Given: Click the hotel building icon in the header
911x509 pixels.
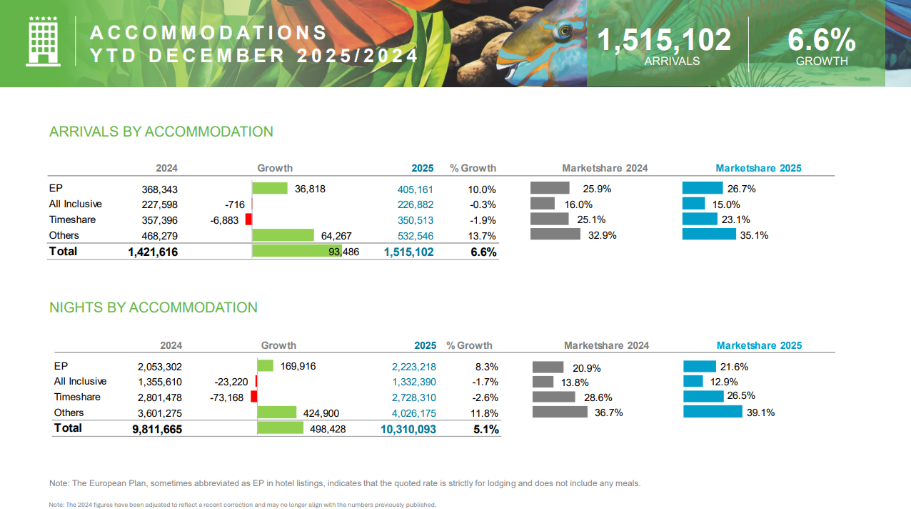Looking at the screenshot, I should click(42, 42).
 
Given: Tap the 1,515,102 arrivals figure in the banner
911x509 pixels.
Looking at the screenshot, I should click(664, 40).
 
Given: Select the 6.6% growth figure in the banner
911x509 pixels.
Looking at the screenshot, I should click(821, 40).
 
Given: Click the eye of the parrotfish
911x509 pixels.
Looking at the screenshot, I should click(565, 31).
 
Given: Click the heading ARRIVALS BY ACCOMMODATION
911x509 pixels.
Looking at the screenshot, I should click(161, 132).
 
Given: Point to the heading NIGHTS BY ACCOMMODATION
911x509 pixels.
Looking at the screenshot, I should click(153, 307).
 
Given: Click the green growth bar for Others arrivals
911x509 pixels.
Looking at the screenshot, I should click(283, 235).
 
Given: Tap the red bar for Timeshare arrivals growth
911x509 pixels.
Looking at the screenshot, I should click(248, 219).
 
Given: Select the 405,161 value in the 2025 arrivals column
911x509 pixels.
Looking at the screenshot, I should click(415, 189).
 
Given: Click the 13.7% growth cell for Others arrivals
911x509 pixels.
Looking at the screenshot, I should click(483, 235).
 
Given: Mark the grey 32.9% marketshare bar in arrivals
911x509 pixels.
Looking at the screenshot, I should click(555, 234).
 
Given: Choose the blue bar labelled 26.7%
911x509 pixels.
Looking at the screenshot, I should click(703, 188).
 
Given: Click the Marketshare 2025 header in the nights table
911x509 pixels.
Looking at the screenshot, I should click(759, 345).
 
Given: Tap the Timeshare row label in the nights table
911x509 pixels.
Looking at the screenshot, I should click(77, 397).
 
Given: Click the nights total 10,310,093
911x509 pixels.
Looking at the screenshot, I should click(404, 429).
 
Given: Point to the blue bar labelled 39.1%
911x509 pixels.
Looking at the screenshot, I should click(713, 412).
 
